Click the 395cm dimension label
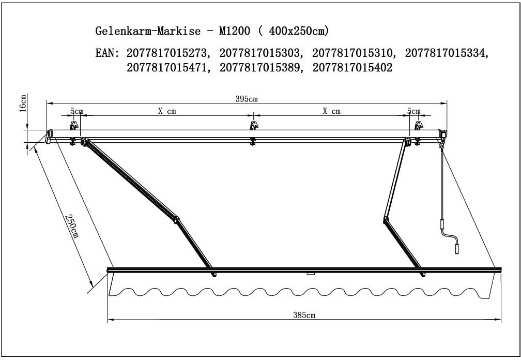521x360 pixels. [247, 99]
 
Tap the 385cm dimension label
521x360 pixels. [304, 315]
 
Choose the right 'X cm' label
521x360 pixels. [331, 111]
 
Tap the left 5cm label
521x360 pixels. [76, 111]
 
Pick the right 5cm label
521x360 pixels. [413, 111]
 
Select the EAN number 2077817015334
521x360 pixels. [447, 53]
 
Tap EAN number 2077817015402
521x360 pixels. [353, 68]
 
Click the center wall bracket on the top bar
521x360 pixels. [253, 126]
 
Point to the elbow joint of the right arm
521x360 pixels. [385, 220]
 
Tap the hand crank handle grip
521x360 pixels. [456, 248]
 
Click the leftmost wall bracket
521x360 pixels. [73, 126]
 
